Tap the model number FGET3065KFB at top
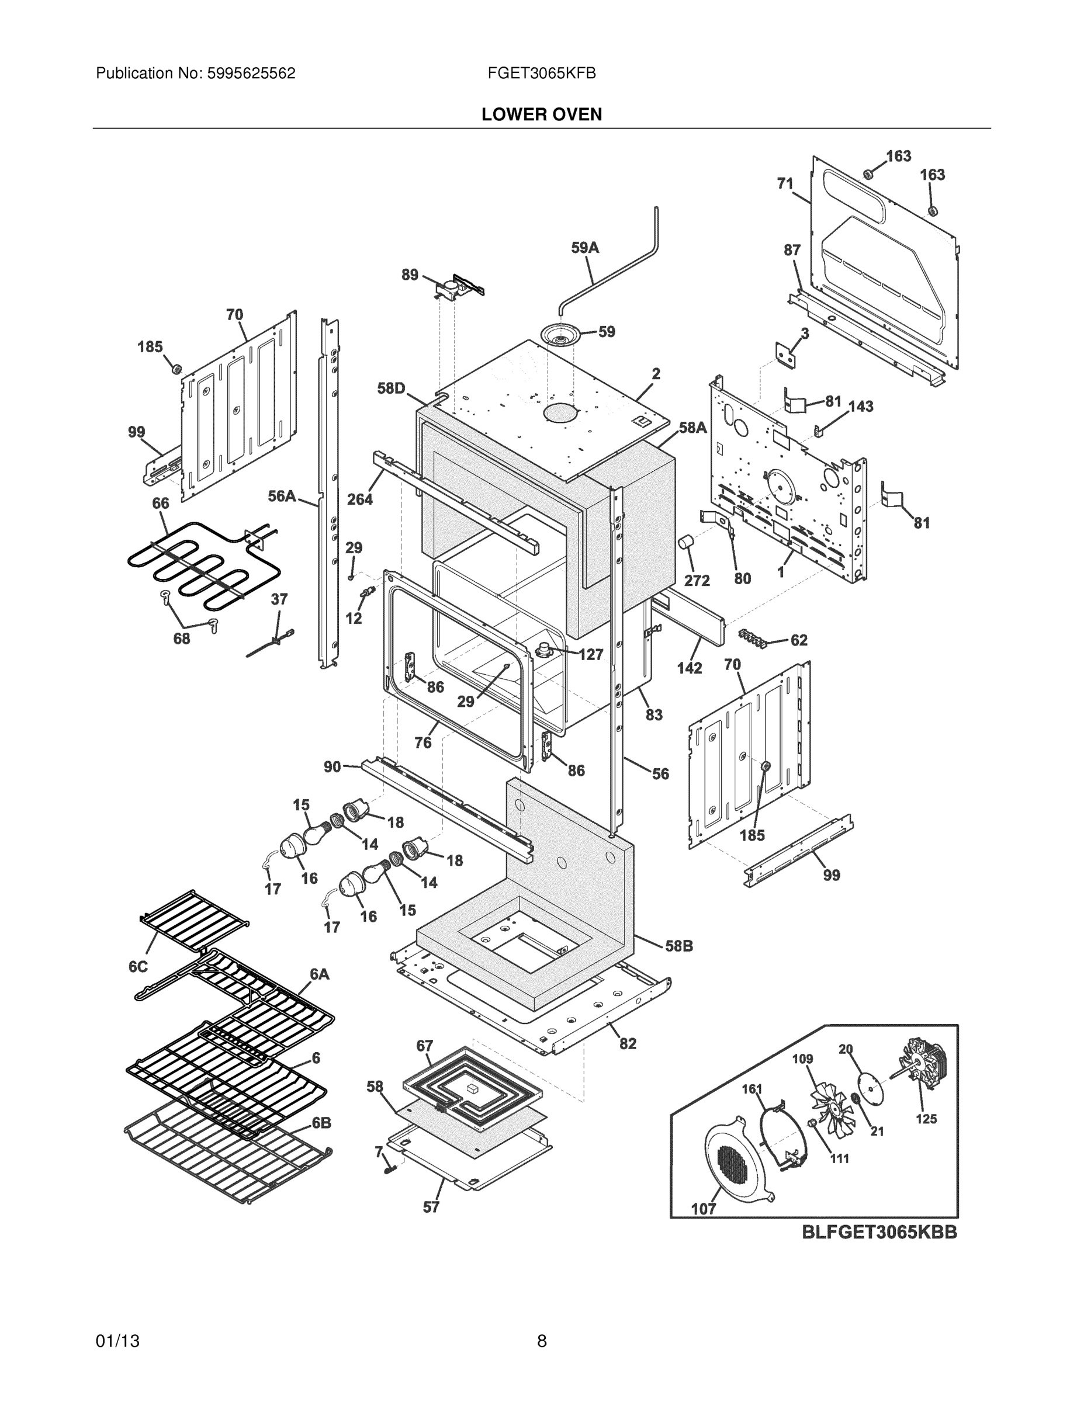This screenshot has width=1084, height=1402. point(541,73)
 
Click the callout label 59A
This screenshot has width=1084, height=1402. point(584,248)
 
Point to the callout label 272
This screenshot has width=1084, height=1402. point(696,580)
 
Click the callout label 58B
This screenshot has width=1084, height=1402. point(679,946)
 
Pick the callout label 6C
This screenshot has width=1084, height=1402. point(138,966)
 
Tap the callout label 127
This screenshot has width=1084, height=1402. point(591,654)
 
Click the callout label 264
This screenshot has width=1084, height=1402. point(359,499)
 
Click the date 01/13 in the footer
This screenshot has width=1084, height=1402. point(117,1341)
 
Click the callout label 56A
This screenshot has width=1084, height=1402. point(282,496)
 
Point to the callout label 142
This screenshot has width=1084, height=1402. point(689,668)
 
